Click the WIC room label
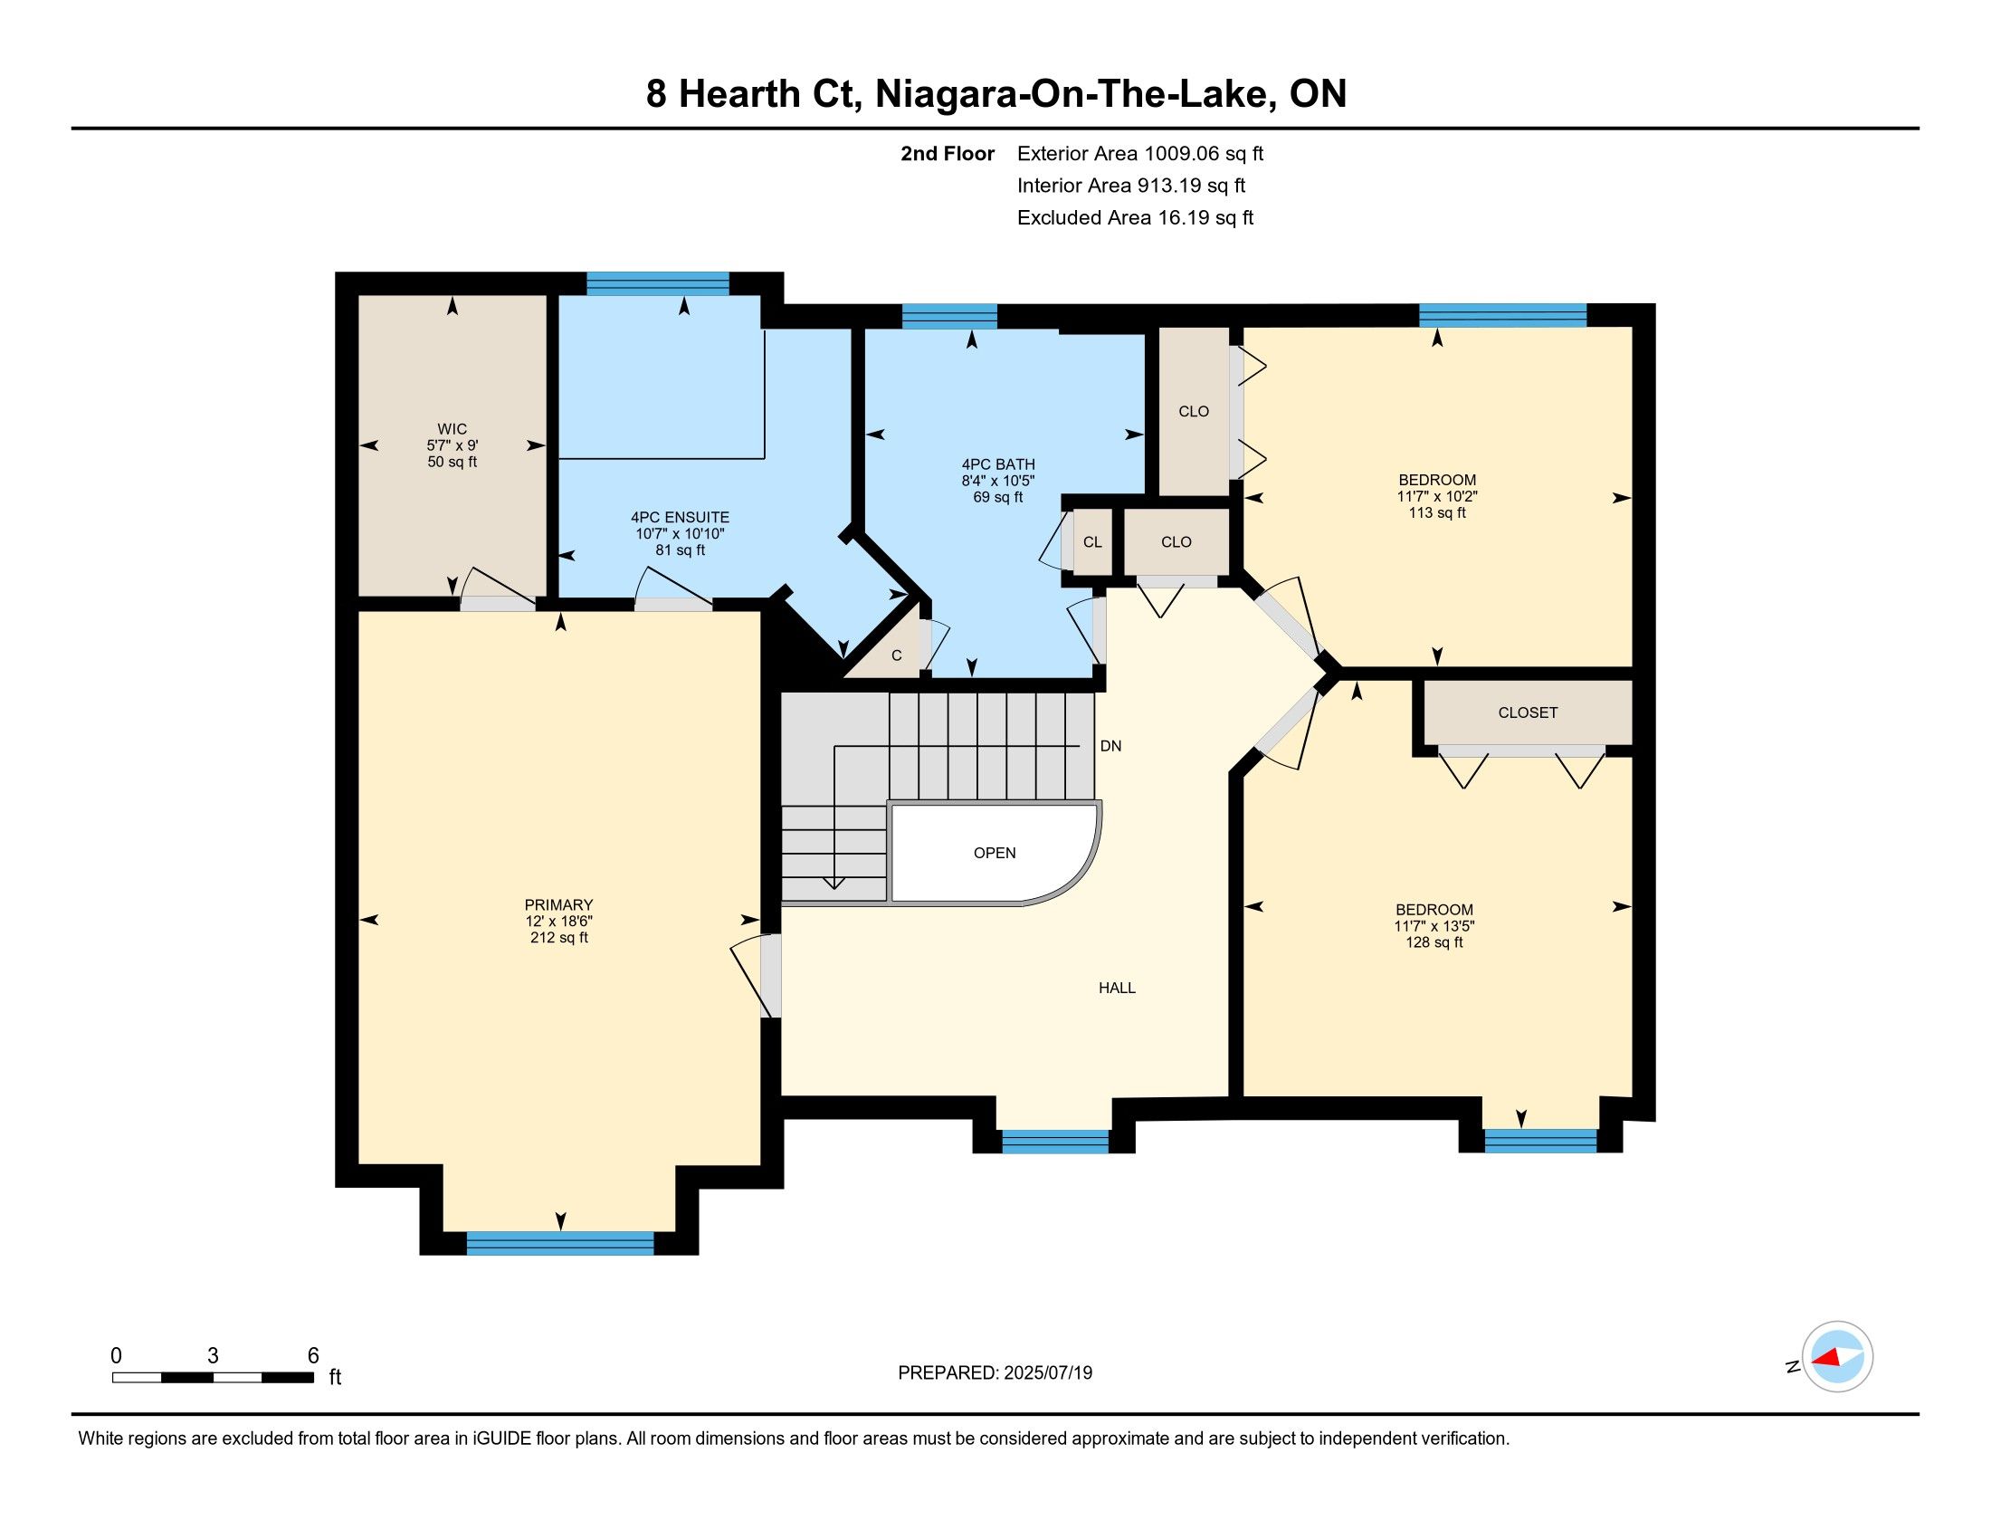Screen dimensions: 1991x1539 452,428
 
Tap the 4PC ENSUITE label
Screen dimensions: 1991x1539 680,517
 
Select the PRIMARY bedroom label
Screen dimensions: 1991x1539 558,904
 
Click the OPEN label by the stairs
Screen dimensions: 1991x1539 995,853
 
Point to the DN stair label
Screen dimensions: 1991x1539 1110,746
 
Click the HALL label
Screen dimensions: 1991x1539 1117,988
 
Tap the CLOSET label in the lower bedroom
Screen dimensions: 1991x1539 1528,712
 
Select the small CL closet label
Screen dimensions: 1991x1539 1092,541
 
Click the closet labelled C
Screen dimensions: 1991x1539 897,655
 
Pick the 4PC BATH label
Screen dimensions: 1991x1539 998,464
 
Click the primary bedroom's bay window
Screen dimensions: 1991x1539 559,1244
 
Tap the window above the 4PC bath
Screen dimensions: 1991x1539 949,316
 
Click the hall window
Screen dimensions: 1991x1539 1054,1142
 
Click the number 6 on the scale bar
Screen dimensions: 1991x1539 313,1356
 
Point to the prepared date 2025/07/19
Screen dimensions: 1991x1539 1047,1373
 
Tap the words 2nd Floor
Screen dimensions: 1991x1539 948,153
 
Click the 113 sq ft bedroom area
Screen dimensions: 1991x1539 1437,513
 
